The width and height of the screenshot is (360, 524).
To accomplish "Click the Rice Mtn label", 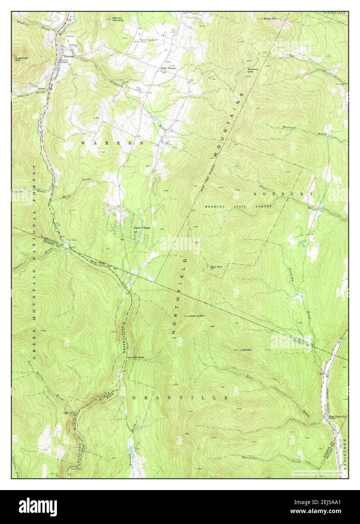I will [216, 267].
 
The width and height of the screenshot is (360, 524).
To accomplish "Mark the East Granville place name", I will [337, 417].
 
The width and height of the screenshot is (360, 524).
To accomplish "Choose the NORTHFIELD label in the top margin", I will [334, 13].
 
